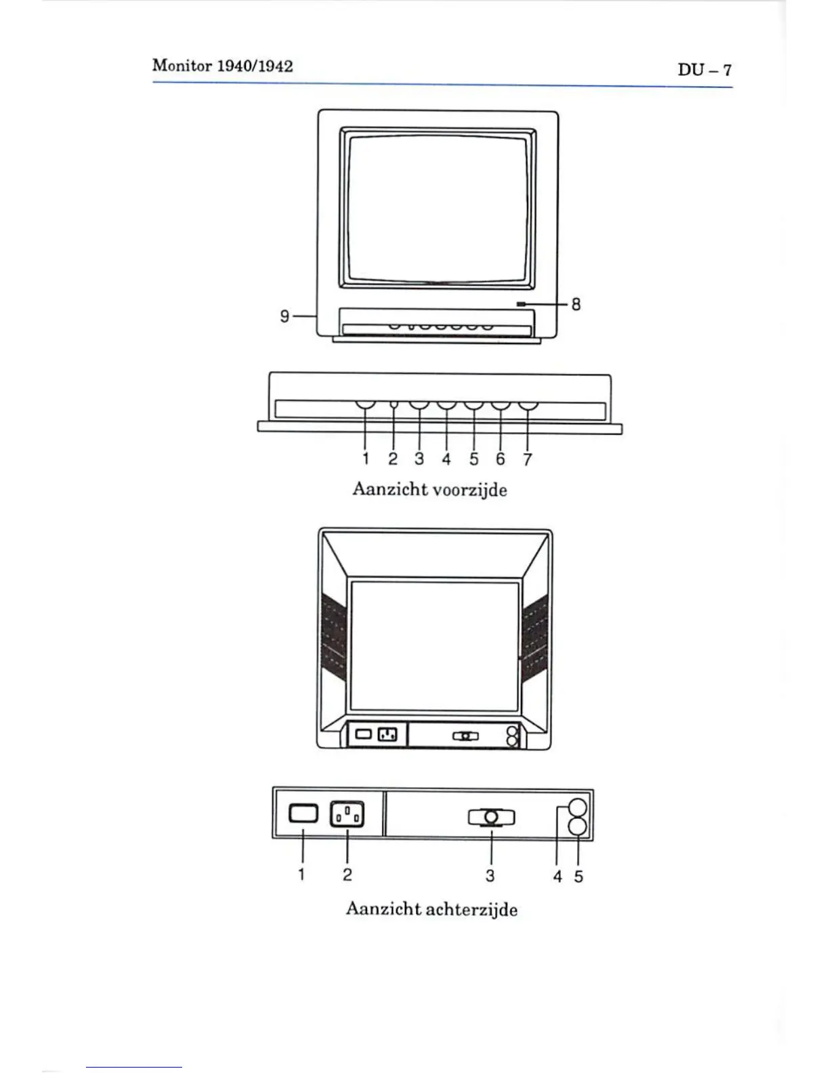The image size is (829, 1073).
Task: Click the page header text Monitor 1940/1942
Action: (222, 66)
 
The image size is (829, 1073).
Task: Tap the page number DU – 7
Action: (704, 70)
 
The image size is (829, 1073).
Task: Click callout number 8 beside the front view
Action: (576, 304)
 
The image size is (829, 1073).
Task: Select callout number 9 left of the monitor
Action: (285, 316)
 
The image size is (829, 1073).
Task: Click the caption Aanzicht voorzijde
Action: (429, 489)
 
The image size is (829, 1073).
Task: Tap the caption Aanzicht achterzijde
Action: (431, 908)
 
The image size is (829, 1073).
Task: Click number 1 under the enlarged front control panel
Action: (366, 459)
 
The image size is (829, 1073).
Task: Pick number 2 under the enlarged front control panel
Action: (393, 459)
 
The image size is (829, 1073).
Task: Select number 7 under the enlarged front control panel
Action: (528, 459)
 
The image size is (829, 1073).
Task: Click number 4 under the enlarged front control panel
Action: (446, 459)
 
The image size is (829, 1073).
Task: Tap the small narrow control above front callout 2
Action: (394, 405)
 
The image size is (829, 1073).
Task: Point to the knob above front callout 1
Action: (366, 406)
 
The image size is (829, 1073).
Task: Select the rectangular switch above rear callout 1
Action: (302, 813)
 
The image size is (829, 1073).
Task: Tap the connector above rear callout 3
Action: (491, 818)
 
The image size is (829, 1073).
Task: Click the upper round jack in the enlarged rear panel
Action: (577, 807)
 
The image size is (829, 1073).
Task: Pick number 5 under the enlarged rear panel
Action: (578, 877)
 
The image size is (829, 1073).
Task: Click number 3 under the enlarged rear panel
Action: (490, 876)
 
